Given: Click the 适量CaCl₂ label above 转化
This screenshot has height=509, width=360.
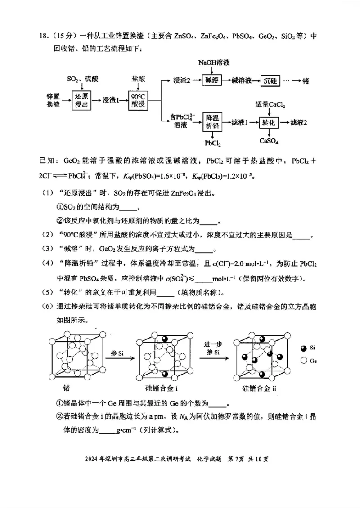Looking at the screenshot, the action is tap(270, 105).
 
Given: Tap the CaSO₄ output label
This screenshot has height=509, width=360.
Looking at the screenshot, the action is tap(269, 141).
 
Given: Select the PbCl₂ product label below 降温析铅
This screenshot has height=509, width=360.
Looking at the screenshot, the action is tap(212, 143).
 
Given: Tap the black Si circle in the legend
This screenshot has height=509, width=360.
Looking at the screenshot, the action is tap(304, 348).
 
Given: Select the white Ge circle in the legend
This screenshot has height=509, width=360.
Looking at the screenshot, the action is tap(304, 360).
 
